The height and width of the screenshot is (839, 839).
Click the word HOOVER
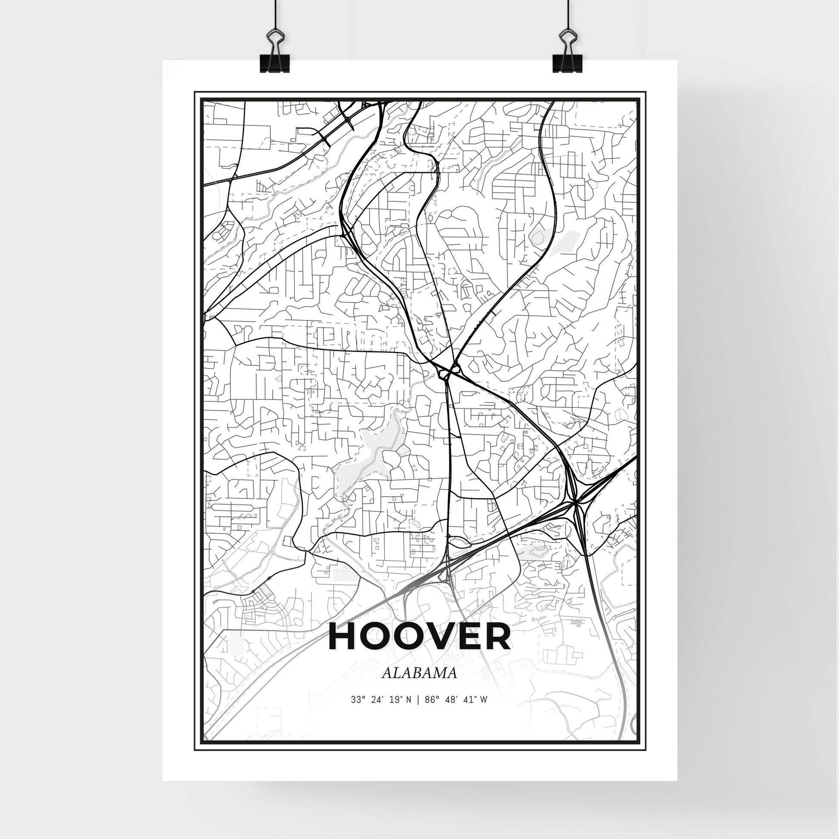point(419,637)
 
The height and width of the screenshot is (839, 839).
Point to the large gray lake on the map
point(369,460)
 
